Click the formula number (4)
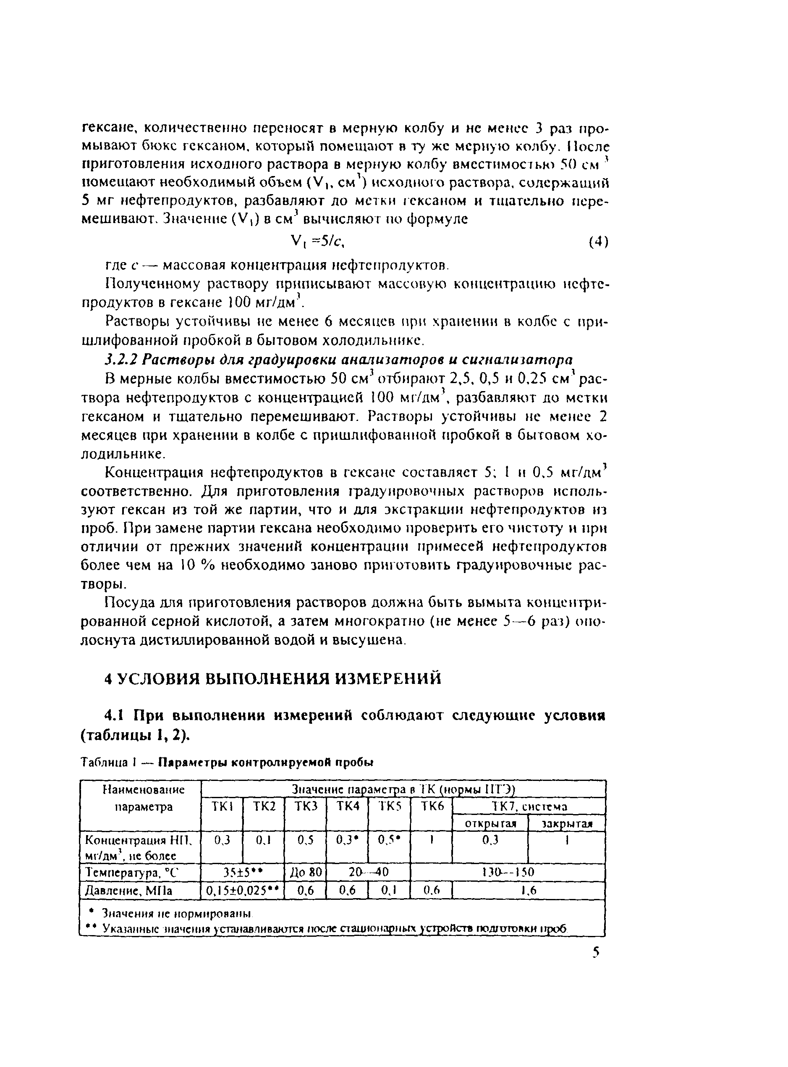click(598, 242)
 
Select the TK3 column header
click(306, 806)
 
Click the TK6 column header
click(433, 806)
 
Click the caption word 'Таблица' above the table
click(104, 762)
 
